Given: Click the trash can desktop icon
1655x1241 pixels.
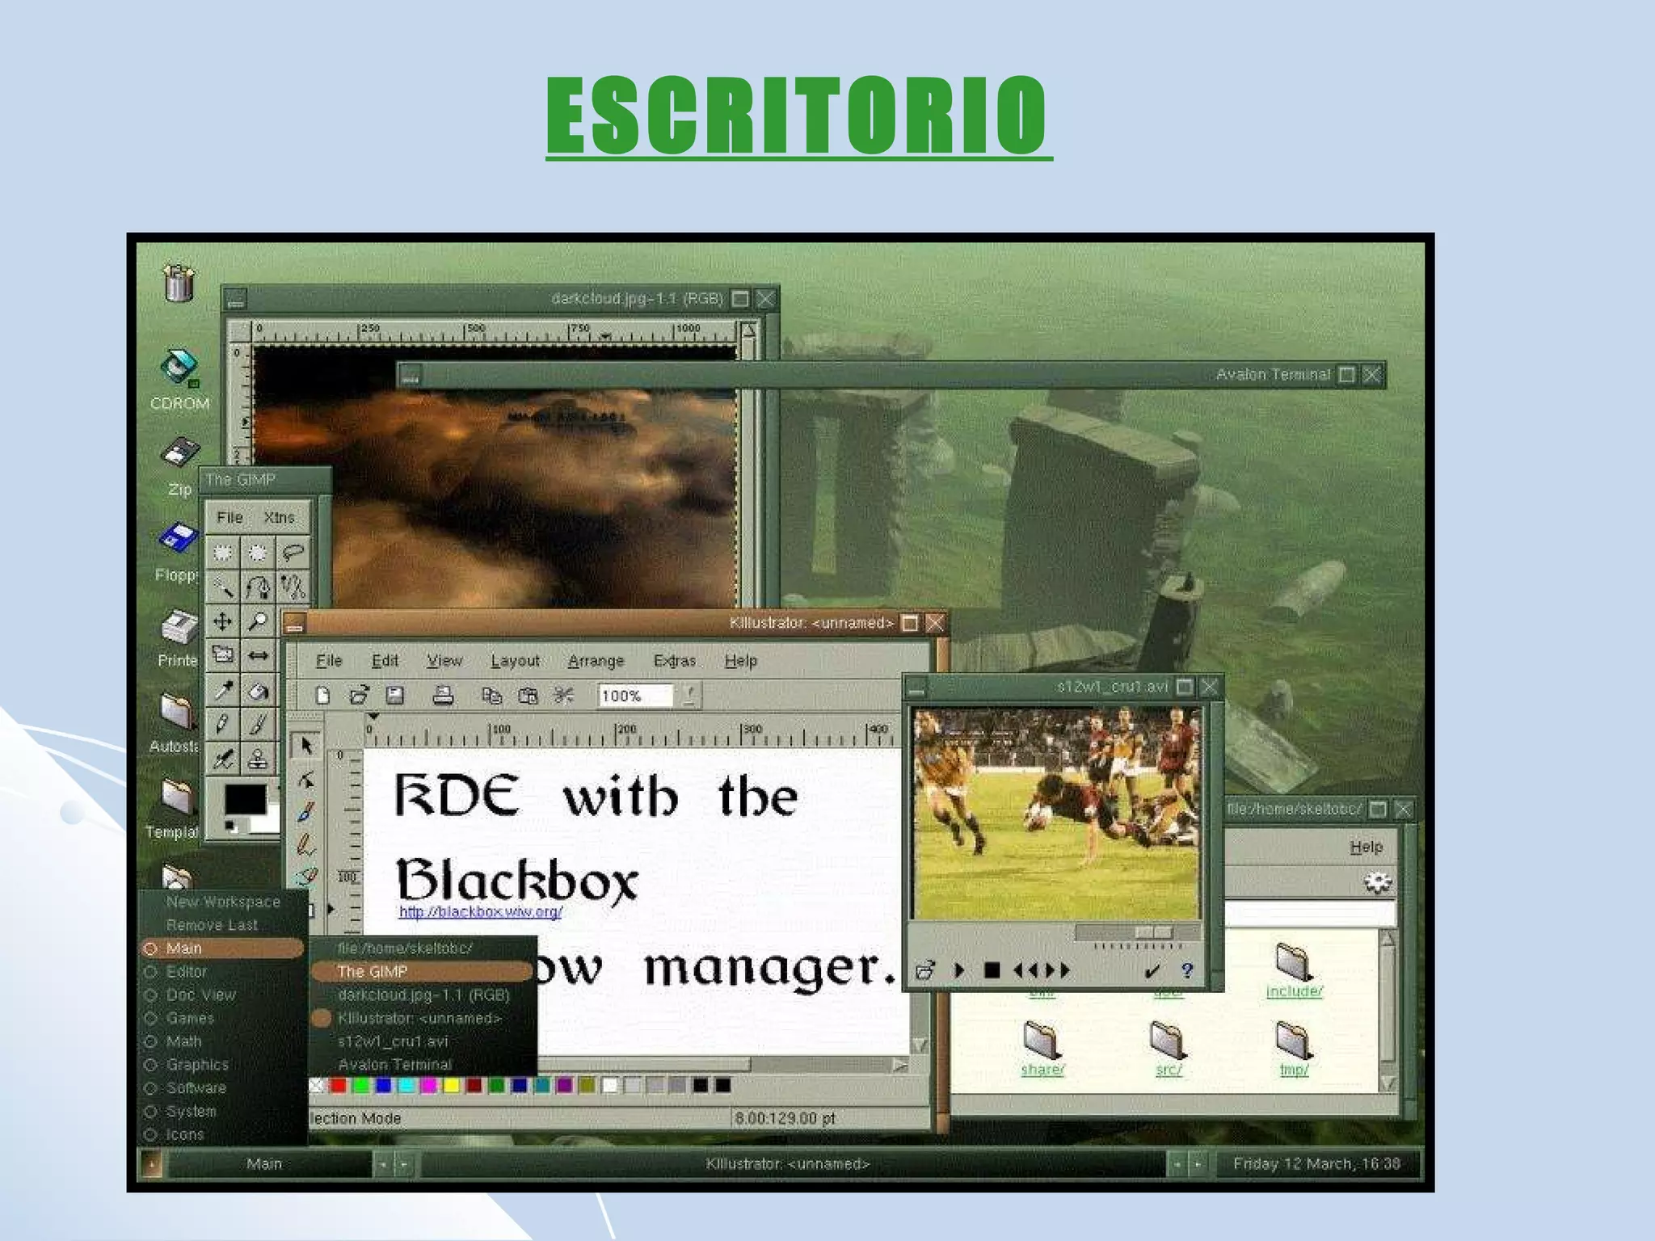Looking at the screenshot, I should tap(179, 282).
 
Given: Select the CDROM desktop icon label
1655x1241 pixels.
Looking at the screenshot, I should tap(179, 403).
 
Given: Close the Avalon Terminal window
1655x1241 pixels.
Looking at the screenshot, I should tap(1371, 375).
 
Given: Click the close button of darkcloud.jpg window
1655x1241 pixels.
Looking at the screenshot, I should tap(765, 299).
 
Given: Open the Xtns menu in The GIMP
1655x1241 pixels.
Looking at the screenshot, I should tap(279, 517).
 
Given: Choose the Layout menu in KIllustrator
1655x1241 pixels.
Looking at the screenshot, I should tap(515, 661).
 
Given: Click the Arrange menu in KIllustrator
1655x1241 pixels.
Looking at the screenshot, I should tap(596, 661).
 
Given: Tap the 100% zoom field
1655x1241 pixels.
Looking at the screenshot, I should tap(634, 696).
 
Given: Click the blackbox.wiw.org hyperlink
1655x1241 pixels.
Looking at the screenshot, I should tap(480, 912).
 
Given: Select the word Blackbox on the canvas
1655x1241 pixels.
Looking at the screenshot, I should tap(517, 880).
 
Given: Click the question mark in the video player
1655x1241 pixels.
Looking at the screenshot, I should tap(1186, 970).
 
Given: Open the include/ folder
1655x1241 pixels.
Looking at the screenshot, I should tap(1294, 970).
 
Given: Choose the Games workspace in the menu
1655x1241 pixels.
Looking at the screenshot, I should tap(190, 1018).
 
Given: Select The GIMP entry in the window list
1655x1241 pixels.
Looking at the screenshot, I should tap(373, 971).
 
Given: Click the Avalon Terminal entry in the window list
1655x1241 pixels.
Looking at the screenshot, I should tap(394, 1064).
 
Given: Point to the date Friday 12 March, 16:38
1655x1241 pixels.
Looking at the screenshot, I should tap(1316, 1163).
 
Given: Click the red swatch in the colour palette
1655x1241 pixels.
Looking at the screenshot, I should tap(339, 1085).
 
